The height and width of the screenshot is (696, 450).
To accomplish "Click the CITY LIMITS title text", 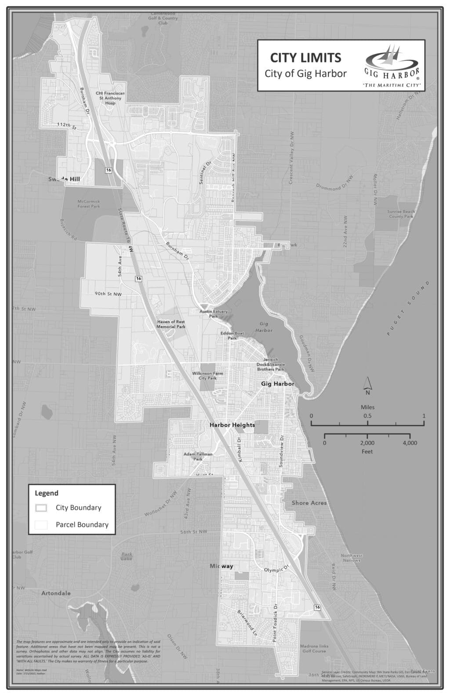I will pyautogui.click(x=305, y=58).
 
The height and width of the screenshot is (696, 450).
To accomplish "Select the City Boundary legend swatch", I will pyautogui.click(x=41, y=508).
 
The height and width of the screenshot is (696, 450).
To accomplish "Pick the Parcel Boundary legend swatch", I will pyautogui.click(x=41, y=525).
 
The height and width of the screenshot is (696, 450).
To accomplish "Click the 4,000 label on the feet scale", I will pyautogui.click(x=410, y=443).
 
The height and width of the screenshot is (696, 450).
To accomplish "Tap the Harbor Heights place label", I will pyautogui.click(x=232, y=425).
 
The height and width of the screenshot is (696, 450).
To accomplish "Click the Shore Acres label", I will pyautogui.click(x=309, y=503).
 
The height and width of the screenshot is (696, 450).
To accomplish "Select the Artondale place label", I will pyautogui.click(x=56, y=593).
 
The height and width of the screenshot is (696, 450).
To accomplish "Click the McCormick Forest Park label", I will pyautogui.click(x=89, y=204).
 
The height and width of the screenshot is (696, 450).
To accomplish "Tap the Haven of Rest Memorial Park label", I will pyautogui.click(x=171, y=324).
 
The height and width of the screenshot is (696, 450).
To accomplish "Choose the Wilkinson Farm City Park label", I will pyautogui.click(x=207, y=375).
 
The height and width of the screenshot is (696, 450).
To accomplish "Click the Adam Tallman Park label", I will pyautogui.click(x=198, y=456).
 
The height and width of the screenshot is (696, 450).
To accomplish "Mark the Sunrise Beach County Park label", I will pyautogui.click(x=401, y=214).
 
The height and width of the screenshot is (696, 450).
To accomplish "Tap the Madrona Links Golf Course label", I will pyautogui.click(x=314, y=649).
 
